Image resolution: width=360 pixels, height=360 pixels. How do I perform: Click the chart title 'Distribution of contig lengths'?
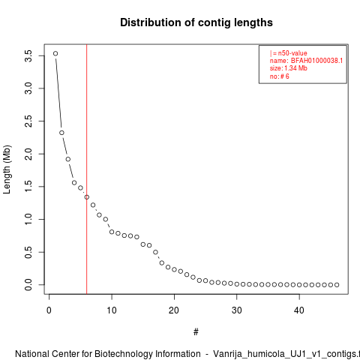[196, 22]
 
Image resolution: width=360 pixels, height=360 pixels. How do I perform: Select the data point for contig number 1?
[55, 53]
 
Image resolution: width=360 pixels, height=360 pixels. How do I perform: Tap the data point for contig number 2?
[61, 133]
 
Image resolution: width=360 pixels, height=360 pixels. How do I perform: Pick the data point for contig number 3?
[68, 159]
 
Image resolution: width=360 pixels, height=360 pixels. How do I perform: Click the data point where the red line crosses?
[87, 197]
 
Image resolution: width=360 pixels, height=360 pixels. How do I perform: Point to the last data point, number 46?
[337, 285]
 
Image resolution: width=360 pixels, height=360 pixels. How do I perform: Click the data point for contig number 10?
[112, 232]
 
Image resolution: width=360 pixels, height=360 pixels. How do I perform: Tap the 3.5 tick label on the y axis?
[28, 55]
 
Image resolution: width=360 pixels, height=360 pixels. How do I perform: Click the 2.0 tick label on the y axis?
[28, 154]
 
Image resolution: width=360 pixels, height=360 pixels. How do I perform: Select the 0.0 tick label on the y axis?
[28, 285]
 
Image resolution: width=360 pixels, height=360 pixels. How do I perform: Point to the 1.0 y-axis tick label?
[28, 219]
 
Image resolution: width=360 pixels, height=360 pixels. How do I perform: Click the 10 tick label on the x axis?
[112, 310]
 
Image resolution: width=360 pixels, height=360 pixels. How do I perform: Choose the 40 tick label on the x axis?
[299, 310]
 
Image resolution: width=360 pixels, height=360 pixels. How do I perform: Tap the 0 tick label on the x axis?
[49, 310]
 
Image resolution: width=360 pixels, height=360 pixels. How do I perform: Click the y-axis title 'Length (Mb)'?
[7, 169]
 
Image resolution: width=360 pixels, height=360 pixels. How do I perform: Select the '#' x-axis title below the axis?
[196, 332]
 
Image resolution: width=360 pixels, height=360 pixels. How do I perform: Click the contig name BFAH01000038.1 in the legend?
[316, 61]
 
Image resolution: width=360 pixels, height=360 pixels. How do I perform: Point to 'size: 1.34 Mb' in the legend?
[289, 68]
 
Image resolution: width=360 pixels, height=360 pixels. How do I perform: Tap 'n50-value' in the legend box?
[292, 53]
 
